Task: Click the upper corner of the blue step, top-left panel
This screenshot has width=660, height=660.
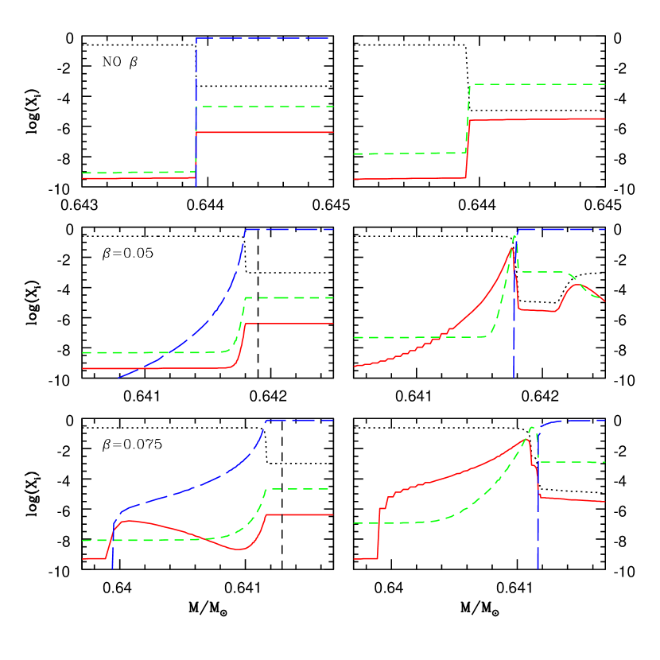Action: coord(196,38)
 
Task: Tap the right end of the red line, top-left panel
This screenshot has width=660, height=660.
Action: coord(332,132)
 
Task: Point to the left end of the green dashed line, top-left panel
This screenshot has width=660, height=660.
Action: coord(82,173)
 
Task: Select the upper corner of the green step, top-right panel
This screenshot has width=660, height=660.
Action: coord(471,84)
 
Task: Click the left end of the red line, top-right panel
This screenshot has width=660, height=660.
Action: coord(354,179)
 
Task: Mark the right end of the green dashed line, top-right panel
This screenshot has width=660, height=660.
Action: coord(606,83)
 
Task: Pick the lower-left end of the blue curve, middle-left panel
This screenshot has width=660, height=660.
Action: coord(118,378)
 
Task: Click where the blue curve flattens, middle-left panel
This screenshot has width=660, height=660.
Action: coord(246,230)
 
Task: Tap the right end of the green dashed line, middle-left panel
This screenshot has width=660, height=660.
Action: coord(332,297)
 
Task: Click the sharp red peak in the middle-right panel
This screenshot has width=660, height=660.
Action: coord(512,249)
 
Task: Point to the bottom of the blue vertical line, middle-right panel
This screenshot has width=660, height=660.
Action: coord(514,377)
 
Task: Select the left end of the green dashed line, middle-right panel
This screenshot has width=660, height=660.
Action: coord(354,337)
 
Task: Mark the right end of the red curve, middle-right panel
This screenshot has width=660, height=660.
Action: coord(605,301)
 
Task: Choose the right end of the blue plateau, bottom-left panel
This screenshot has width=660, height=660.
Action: coord(332,420)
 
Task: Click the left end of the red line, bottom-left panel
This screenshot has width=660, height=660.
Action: coord(82,559)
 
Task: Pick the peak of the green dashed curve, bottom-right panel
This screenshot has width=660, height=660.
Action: coord(531,428)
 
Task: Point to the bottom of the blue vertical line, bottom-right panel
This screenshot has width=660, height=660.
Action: coord(538,568)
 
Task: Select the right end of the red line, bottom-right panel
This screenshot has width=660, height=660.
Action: coord(606,502)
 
